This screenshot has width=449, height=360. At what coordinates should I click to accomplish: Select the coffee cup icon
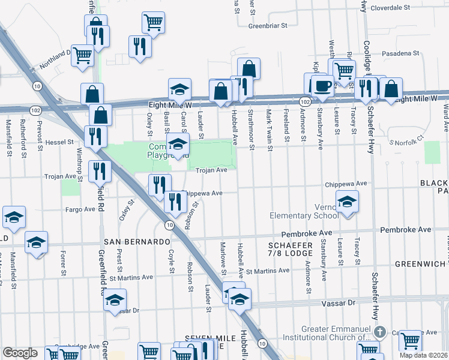(323, 85)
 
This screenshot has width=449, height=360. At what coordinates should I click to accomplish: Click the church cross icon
(379, 332)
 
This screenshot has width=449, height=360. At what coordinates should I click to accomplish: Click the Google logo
(20, 353)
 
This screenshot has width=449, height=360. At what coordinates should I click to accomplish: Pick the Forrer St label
(62, 265)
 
